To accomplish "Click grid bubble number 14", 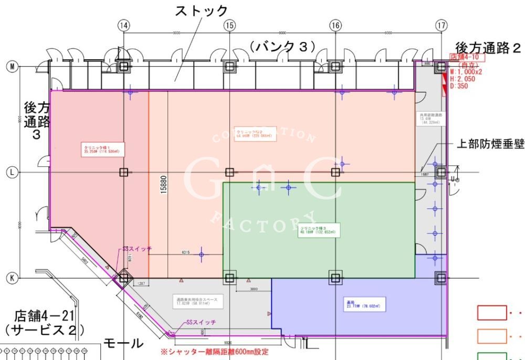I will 123,25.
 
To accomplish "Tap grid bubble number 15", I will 229,25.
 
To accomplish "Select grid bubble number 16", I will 335,25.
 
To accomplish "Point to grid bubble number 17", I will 442,25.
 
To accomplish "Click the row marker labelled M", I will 10,66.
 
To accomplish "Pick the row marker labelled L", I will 10,172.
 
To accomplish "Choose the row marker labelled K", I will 10,277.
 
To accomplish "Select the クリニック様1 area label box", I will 98,149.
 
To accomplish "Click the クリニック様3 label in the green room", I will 318,230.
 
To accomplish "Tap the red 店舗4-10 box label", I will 465,56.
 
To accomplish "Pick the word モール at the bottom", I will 123,344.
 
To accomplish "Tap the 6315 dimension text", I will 185,252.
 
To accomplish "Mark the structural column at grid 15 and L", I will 229,172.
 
